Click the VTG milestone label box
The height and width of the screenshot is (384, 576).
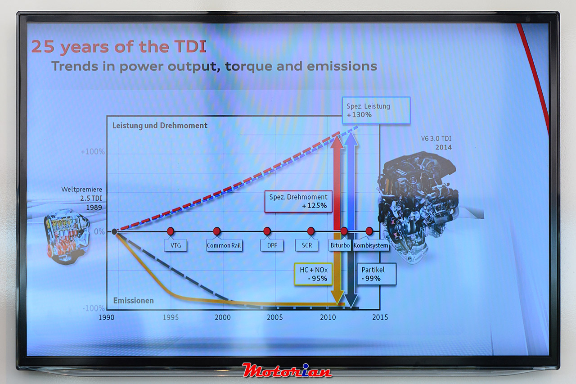click(175, 245)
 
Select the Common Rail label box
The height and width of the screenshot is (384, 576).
click(224, 245)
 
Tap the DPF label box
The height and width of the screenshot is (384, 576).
click(272, 245)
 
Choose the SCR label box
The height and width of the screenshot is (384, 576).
click(306, 245)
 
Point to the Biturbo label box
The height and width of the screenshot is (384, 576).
click(340, 245)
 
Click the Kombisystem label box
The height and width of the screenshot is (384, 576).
click(371, 245)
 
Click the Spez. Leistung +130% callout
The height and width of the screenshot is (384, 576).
click(376, 110)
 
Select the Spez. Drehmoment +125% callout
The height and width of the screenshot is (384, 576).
click(298, 201)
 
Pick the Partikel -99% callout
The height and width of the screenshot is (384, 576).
click(377, 274)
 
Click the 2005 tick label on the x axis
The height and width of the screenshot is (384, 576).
click(274, 317)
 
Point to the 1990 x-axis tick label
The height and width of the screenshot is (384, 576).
click(107, 317)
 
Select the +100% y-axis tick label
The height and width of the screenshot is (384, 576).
click(93, 152)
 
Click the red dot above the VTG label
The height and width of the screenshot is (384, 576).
click(171, 231)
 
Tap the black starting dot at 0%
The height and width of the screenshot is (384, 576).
click(114, 232)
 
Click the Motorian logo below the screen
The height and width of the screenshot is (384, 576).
click(287, 370)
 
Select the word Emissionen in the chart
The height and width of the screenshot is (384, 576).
click(134, 300)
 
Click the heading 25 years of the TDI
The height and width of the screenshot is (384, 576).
click(118, 46)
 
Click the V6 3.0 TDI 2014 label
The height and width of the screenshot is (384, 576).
click(436, 143)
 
